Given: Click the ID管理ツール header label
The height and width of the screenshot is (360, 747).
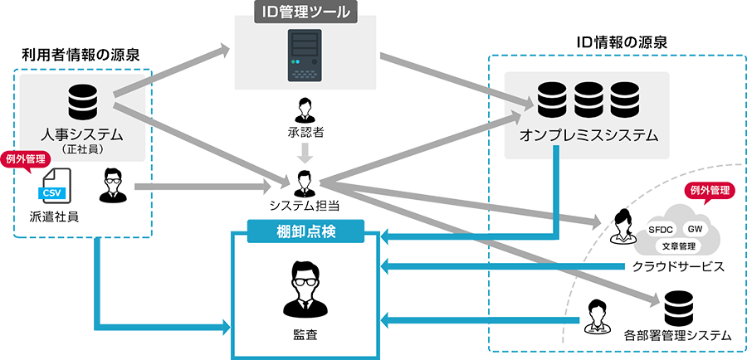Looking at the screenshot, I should coord(304,12).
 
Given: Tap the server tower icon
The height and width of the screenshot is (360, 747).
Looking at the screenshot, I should coord(305,56).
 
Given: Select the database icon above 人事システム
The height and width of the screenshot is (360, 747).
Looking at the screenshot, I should coord(81,101).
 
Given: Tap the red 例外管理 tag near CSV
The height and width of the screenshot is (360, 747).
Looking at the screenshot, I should coord(26,158).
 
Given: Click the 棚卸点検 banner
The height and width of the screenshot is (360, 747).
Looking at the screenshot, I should coord(307,230).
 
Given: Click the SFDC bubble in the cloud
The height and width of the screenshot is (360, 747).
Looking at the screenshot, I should coord(662,229).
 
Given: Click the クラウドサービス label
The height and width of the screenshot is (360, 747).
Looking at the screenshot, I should coord(678,267).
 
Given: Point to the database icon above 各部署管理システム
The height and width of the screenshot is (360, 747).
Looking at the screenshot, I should coord(678,308).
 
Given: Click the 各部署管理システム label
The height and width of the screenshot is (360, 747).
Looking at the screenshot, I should coord(677,336).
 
